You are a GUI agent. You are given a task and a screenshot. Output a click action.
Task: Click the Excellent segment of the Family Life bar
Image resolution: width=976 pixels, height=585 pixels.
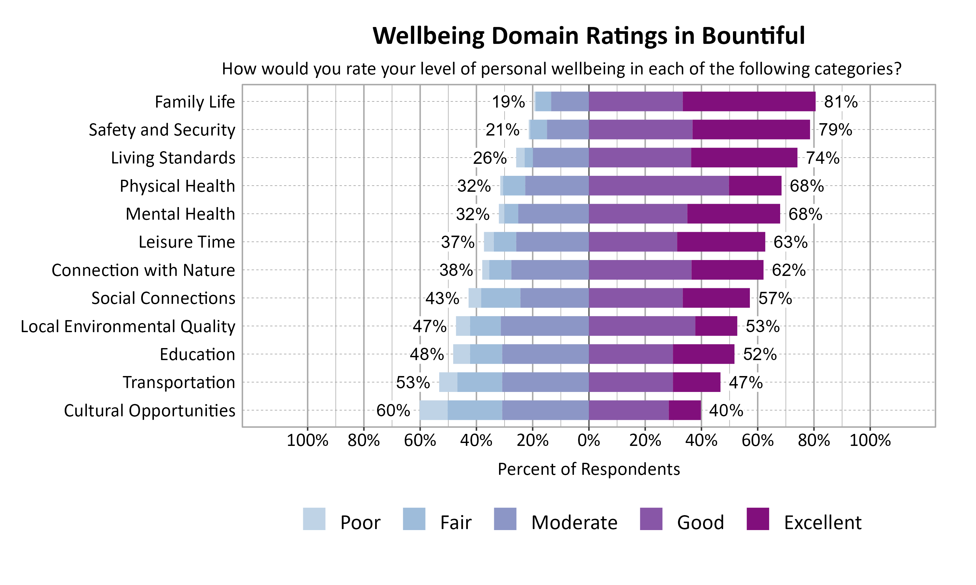point(749,101)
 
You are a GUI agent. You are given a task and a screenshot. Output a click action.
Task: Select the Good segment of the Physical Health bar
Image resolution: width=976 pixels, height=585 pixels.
point(658,186)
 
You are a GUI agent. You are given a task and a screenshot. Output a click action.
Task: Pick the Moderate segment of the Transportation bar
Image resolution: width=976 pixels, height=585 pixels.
point(545,382)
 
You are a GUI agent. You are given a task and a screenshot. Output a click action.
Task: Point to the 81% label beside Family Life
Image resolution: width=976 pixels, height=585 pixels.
point(840,102)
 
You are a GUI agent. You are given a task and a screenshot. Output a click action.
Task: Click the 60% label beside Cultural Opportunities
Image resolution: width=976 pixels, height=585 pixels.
point(393,410)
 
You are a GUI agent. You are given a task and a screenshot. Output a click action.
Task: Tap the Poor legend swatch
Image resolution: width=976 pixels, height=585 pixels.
point(314,519)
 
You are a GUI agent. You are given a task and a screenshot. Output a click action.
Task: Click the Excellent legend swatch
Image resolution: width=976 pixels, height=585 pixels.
point(757,519)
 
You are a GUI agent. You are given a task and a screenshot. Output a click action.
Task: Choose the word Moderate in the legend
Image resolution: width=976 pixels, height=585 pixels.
point(574,522)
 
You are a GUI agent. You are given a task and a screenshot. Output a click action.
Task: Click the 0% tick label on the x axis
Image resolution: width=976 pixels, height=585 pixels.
point(589,440)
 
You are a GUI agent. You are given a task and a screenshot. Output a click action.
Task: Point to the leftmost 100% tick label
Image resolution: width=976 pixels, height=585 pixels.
point(307,440)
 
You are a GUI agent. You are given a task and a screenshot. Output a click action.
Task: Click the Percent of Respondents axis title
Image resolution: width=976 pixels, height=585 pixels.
point(589,469)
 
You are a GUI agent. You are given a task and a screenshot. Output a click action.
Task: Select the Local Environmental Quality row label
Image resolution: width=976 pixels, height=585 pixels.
point(128,326)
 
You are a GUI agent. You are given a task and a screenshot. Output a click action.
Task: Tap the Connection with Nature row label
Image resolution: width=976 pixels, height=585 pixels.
point(143,270)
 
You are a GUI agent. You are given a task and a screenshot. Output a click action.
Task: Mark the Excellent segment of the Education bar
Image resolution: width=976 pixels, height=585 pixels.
point(703,354)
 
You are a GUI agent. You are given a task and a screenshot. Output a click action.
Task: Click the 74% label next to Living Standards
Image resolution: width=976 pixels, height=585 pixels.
point(822,158)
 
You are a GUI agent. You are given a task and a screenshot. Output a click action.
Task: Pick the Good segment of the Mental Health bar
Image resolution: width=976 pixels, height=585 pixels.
point(638,214)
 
